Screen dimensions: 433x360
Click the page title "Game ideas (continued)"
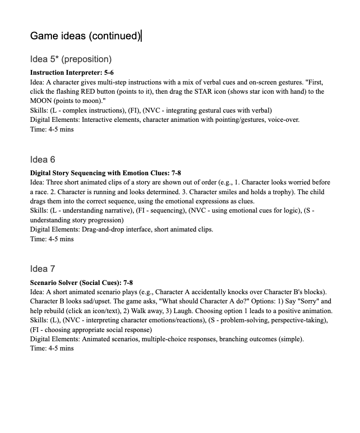(x=85, y=36)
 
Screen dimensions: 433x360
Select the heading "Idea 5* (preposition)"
(x=71, y=59)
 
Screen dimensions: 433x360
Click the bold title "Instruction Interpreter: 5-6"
(x=72, y=72)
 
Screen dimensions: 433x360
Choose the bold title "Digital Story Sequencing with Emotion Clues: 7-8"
(x=105, y=173)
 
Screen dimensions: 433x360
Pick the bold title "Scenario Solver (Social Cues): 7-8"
(x=81, y=283)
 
